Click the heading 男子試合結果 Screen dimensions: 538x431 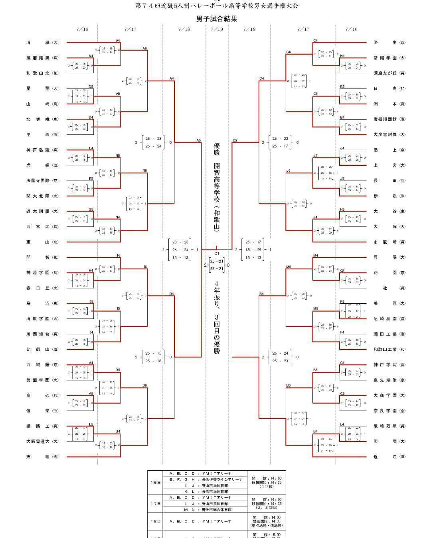click(217, 18)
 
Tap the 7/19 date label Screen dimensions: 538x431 click(217, 29)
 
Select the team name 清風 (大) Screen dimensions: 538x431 click(42, 43)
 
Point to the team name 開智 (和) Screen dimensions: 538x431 click(42, 257)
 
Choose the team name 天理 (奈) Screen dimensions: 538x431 click(42, 457)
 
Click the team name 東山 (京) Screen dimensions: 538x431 click(42, 242)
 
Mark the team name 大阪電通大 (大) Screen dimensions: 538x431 click(42, 442)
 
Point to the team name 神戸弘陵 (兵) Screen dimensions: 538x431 click(42, 150)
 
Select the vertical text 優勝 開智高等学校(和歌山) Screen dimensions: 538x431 click(217, 187)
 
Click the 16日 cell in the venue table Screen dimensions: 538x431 click(156, 483)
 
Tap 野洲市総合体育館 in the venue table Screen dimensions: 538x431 click(223, 510)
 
